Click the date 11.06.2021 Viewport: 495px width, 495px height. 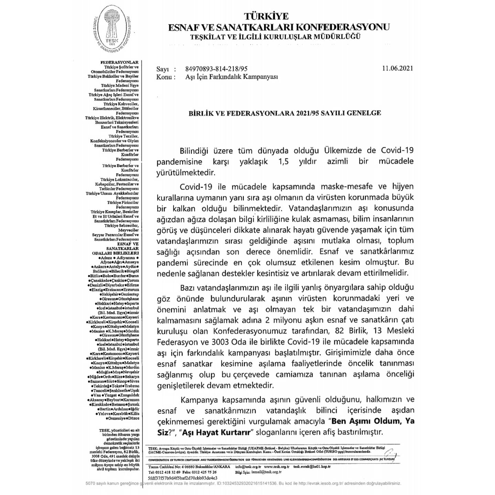[x=397, y=68]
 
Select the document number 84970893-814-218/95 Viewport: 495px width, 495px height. [x=216, y=69]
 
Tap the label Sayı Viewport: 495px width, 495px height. [x=163, y=69]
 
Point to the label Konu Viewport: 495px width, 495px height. [x=164, y=77]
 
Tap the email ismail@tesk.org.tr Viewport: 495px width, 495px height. [x=266, y=472]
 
